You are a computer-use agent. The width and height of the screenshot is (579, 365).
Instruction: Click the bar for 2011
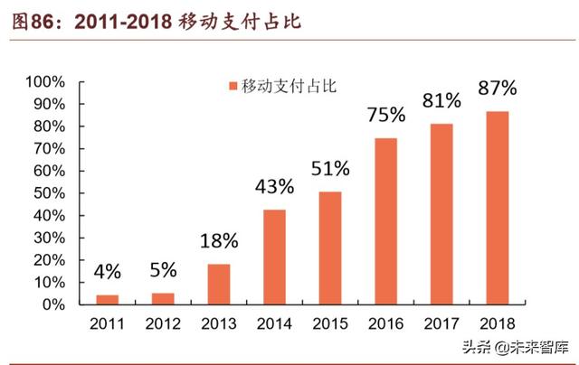[107, 300]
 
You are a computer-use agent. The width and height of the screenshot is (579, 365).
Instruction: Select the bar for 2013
[219, 285]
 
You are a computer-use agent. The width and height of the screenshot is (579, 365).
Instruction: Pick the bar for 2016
[386, 222]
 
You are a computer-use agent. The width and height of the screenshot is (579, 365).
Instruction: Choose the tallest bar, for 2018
[498, 209]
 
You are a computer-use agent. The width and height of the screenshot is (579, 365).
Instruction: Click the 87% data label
[498, 89]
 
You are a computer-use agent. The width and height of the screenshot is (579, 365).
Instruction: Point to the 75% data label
[386, 115]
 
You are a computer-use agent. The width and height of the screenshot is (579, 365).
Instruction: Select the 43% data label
[275, 186]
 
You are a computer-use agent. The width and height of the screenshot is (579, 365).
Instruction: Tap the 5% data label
[163, 270]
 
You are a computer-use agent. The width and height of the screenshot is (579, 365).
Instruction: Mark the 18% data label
[219, 241]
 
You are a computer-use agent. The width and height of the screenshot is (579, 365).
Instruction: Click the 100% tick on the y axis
[45, 82]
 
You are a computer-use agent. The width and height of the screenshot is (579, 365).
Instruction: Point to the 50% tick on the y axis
[49, 194]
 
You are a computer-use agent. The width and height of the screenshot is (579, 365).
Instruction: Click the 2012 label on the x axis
[163, 323]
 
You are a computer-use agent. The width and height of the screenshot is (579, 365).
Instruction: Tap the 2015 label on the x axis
[331, 323]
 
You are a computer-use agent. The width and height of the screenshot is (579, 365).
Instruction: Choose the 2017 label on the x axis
[442, 323]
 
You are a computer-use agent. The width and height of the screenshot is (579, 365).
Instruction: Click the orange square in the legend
[233, 86]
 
